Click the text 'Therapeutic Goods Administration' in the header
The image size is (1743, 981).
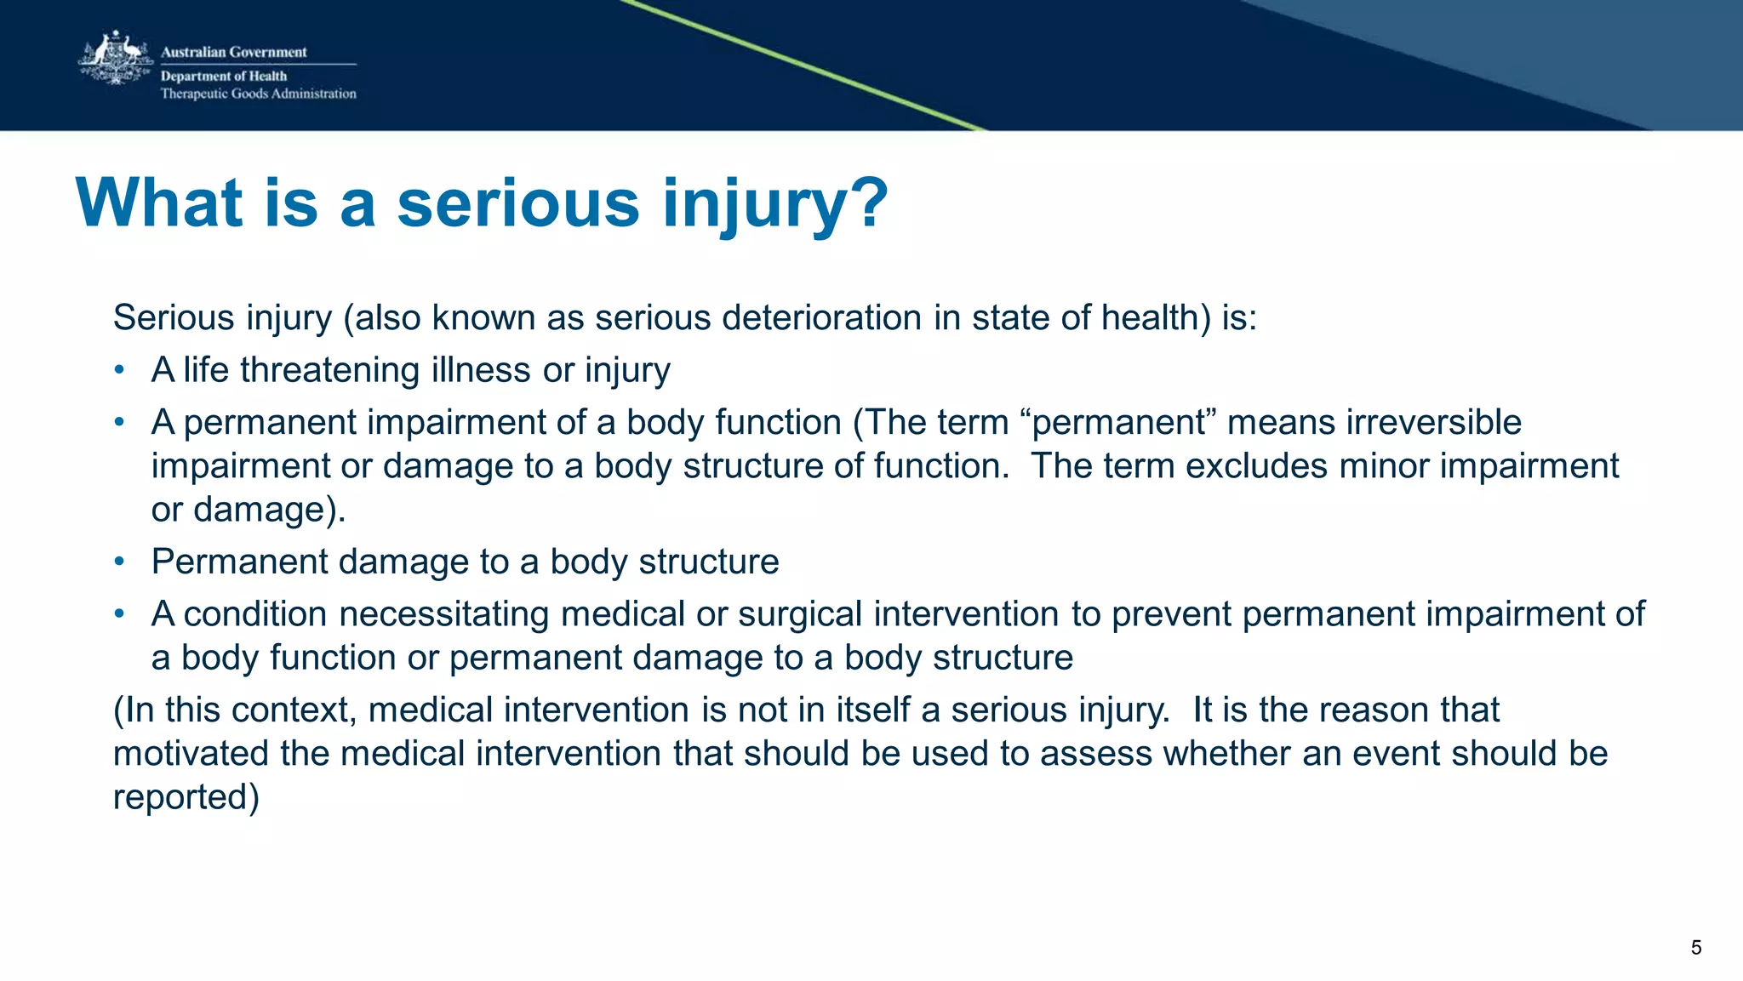pos(259,94)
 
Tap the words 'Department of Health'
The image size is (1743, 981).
pos(224,76)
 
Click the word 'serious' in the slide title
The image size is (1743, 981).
pos(517,203)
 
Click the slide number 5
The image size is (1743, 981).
pos(1696,948)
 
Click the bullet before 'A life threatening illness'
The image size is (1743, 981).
pos(120,370)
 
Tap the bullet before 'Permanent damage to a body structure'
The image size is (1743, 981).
pos(120,562)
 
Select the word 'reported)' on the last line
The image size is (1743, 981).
pos(186,797)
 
